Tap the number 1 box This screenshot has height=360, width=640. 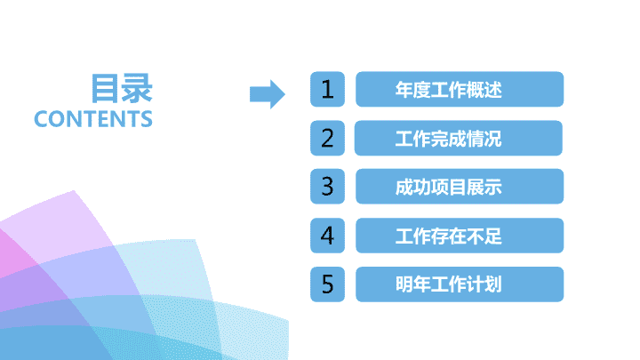click(327, 89)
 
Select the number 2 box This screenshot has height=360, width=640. click(327, 138)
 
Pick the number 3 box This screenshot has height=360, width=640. click(327, 186)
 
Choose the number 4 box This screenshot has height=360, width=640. click(327, 236)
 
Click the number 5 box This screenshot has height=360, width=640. click(327, 284)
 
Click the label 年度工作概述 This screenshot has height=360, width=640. click(448, 90)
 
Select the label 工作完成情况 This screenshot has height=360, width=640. click(448, 139)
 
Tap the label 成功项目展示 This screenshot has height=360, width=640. click(448, 187)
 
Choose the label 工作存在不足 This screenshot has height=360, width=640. click(448, 236)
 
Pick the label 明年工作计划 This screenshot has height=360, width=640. click(448, 284)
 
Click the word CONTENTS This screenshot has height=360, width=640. click(93, 119)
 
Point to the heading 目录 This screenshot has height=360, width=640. click(122, 88)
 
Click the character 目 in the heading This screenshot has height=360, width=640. click(105, 88)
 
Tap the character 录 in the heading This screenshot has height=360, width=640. click(137, 88)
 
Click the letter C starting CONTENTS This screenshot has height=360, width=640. click(42, 119)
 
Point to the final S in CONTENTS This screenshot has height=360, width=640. click(147, 119)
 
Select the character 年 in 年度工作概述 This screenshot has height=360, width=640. click(404, 90)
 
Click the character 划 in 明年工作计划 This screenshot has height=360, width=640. click(493, 284)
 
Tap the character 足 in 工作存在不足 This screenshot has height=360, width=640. click(493, 236)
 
